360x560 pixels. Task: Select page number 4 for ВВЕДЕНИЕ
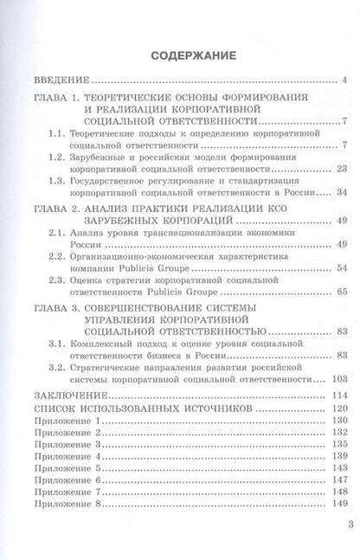point(345,82)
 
